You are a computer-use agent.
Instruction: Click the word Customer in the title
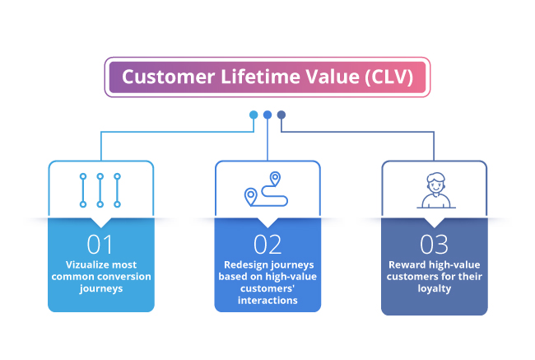point(169,77)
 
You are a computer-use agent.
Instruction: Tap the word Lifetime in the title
point(261,76)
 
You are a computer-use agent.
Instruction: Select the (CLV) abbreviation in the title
point(389,77)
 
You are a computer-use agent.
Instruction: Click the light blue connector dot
point(254,115)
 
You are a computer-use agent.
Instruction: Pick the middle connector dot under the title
point(267,115)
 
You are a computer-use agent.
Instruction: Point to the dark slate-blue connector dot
point(281,115)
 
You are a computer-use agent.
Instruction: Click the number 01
point(100,245)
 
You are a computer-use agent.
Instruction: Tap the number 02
point(267,245)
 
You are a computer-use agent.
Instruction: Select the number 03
point(434,245)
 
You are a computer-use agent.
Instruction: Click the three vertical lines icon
point(100,190)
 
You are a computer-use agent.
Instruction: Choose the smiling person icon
point(436,190)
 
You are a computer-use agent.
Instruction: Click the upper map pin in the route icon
point(275,178)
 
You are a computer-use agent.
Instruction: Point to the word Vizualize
point(87,264)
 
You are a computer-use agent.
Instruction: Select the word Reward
point(407,264)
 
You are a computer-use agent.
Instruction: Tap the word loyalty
point(435,288)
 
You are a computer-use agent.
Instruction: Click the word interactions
point(267,300)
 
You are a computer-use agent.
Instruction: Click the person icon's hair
point(436,177)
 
